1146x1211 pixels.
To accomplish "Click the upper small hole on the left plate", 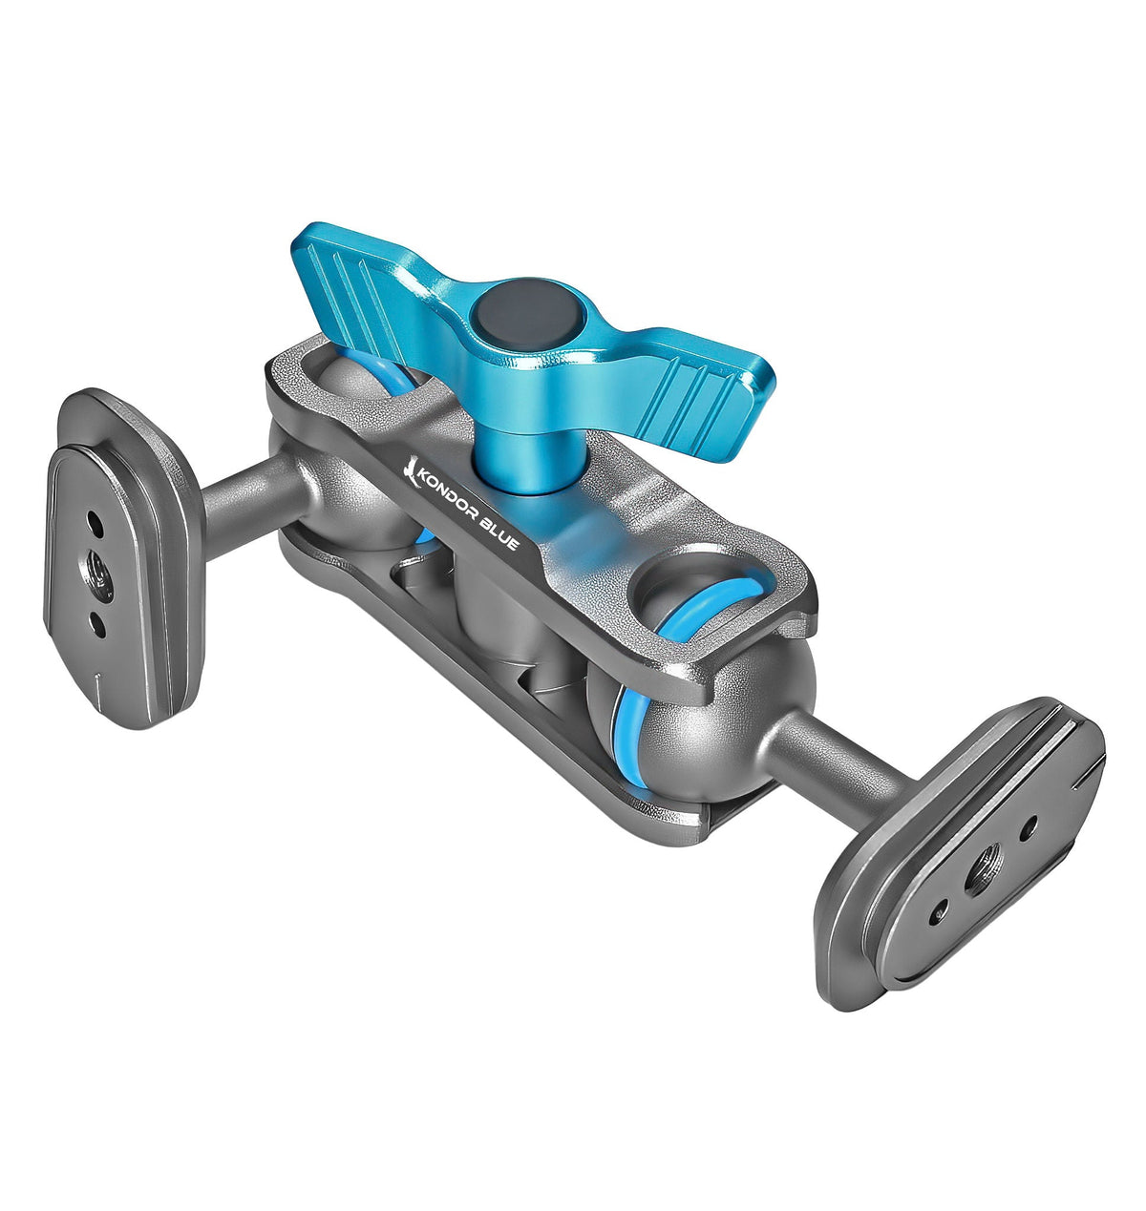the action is coord(95,524).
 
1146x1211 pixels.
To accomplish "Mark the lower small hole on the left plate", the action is coord(98,625).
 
